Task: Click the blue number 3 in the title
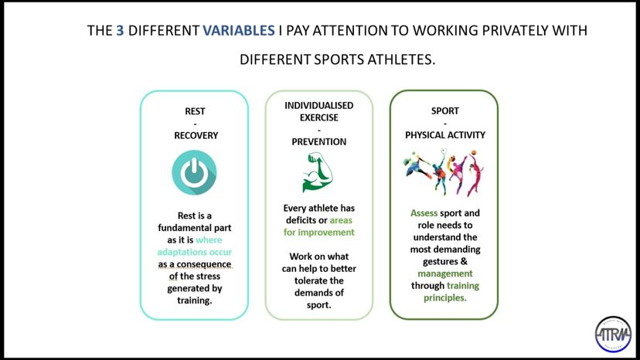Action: pos(120,31)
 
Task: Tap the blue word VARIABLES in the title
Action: pos(239,31)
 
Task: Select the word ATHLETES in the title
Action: pos(401,59)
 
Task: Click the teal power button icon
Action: pos(194,172)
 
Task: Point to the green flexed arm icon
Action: pos(318,172)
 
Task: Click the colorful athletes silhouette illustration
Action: pos(443,172)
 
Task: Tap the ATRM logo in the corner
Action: pos(613,335)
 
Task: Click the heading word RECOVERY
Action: pos(196,135)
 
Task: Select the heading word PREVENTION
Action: pos(318,142)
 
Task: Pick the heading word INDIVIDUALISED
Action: pos(318,106)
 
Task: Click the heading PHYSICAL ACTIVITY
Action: pos(445,135)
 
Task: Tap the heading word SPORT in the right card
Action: pos(445,111)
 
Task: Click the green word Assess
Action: pos(424,213)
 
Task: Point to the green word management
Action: pos(445,274)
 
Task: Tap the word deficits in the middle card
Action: pos(301,220)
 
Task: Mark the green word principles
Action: pos(445,298)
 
